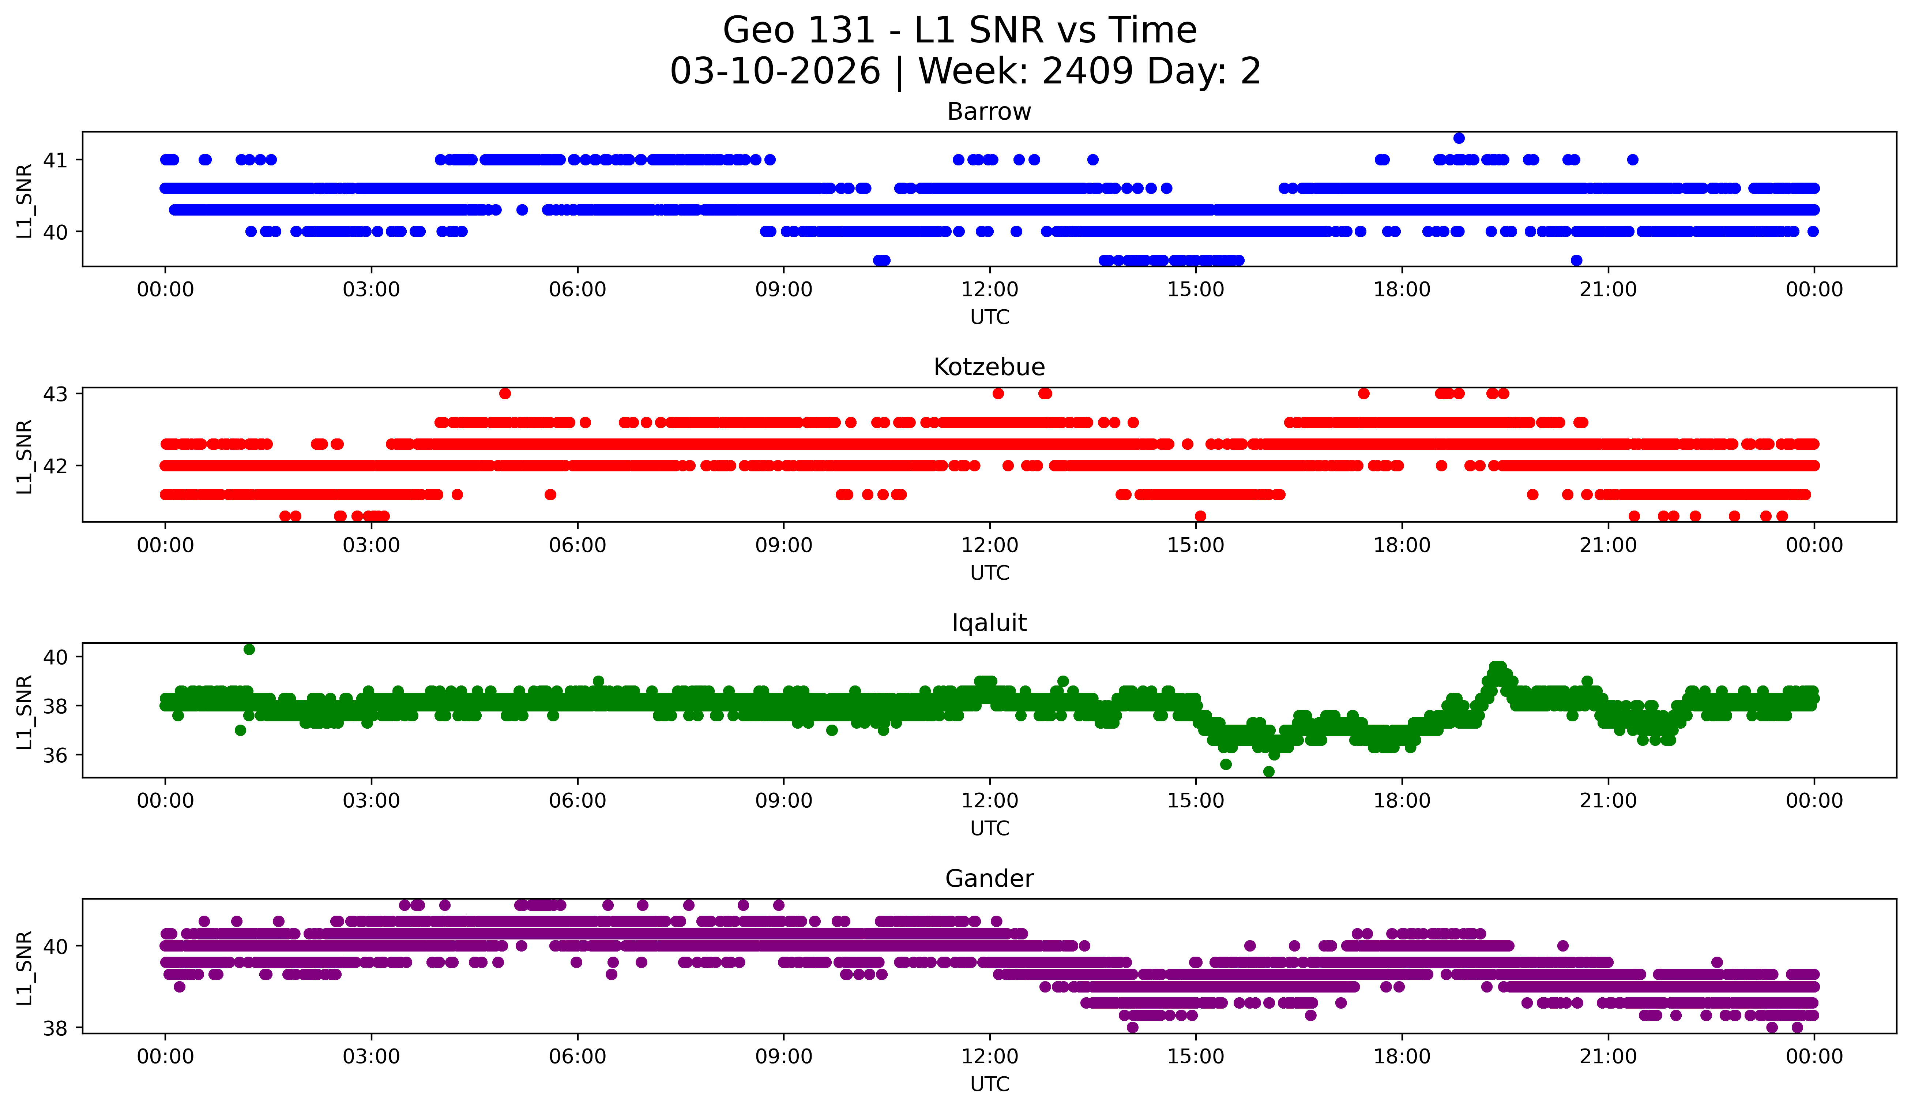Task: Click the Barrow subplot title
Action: [989, 112]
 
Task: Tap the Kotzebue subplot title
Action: [989, 367]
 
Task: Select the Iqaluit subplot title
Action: [989, 623]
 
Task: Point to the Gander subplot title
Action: [989, 879]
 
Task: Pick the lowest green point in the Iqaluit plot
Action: [1269, 771]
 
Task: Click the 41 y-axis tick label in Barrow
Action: [54, 160]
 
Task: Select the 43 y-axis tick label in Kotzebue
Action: [54, 394]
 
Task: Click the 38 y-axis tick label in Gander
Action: [54, 1028]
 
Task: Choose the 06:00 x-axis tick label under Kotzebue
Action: [577, 546]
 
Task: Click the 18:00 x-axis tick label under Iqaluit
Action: [1402, 801]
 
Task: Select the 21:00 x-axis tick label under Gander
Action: [1608, 1057]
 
